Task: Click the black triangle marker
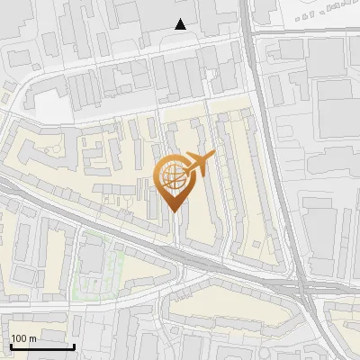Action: (182, 25)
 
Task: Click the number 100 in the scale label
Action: (19, 337)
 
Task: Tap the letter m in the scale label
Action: (33, 337)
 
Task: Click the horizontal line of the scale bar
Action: (41, 346)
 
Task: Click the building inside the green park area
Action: (92, 258)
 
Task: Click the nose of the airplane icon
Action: (212, 158)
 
